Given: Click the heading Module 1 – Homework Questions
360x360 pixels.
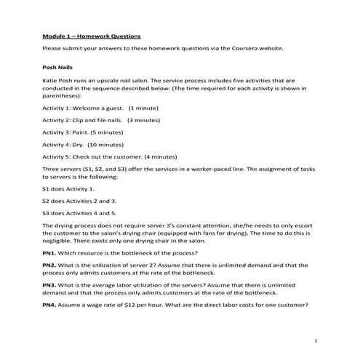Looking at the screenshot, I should coord(92,35).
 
